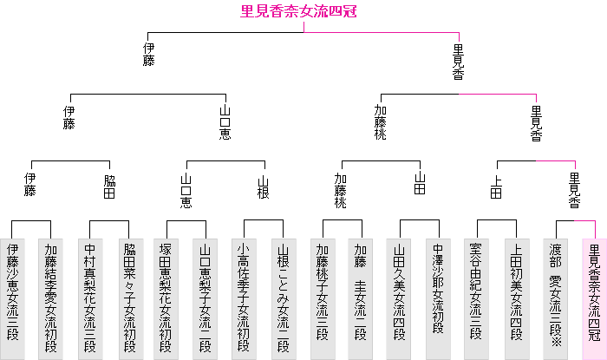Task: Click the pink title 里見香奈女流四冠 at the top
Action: [303, 11]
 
